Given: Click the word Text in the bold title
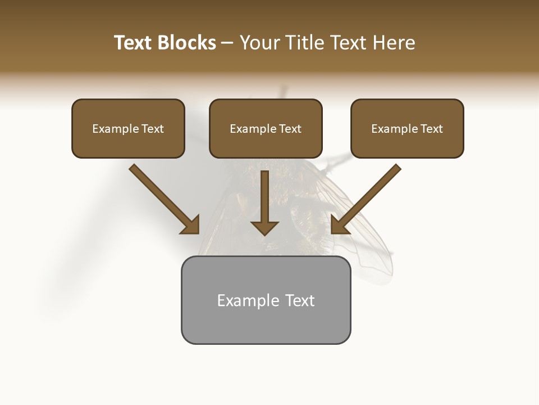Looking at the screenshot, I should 134,43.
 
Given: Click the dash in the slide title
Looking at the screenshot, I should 227,43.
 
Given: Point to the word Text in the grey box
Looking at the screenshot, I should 300,300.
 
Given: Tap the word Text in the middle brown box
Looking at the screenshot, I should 290,129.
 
